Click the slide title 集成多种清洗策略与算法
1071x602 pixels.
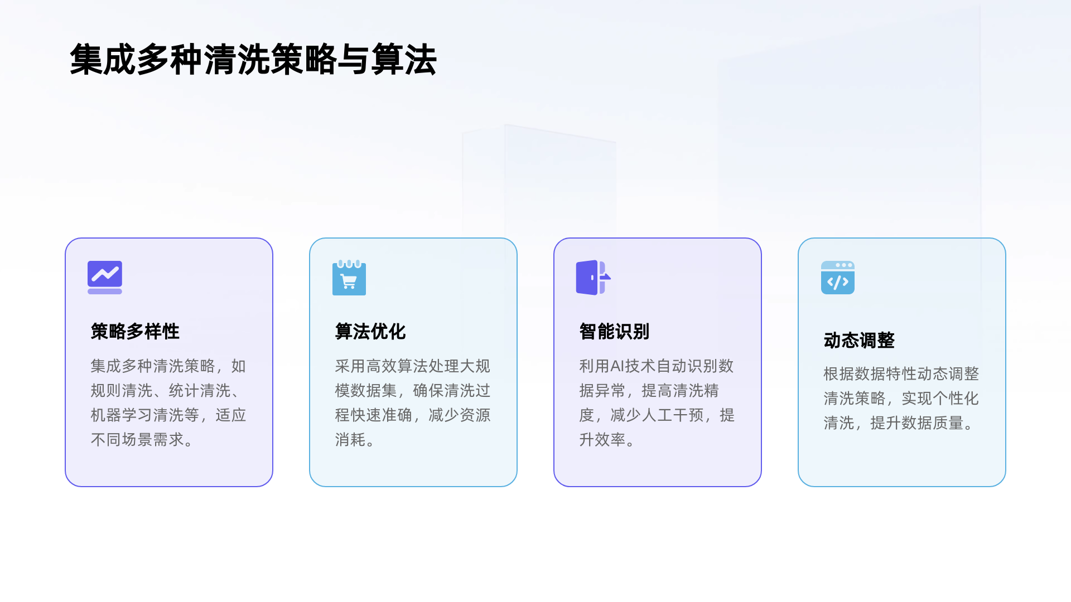(253, 60)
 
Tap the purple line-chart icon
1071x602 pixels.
(105, 277)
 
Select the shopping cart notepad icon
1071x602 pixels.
(349, 278)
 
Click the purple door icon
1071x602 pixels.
(592, 277)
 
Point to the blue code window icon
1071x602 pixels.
(837, 277)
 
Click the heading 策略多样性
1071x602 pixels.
(135, 332)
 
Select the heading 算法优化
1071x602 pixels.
(370, 332)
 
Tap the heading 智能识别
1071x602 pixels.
(614, 332)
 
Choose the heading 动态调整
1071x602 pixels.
(859, 340)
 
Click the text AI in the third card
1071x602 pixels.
(617, 366)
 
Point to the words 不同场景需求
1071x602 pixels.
(137, 440)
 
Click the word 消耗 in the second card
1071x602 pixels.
(350, 440)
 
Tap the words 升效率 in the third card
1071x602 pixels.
(602, 440)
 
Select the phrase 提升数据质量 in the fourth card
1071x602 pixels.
(916, 423)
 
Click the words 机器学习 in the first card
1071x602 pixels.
(121, 415)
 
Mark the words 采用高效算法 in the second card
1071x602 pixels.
(381, 366)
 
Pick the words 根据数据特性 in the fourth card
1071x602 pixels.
(870, 373)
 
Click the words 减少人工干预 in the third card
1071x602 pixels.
(657, 415)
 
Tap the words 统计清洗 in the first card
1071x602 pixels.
(199, 391)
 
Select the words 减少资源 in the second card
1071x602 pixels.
(459, 415)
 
